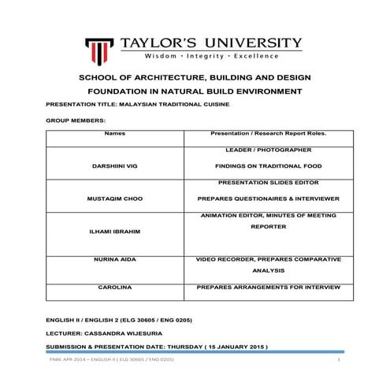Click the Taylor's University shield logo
(98, 48)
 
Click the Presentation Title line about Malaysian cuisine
(136, 103)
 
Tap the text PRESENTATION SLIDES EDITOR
(260, 181)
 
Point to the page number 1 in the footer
(337, 359)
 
